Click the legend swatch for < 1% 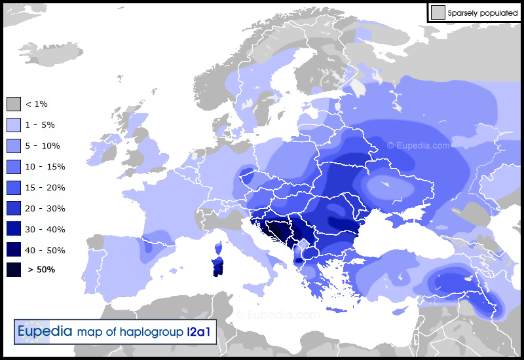point(14,104)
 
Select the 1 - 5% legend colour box point(14,125)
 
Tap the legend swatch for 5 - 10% point(14,146)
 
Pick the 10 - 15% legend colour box point(14,167)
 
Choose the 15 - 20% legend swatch point(14,188)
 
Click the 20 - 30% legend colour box point(14,209)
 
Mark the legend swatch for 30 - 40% point(14,230)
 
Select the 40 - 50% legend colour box point(14,251)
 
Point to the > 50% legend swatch point(14,269)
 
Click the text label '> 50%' point(41,270)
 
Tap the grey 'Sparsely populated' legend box point(438,12)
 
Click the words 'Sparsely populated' point(483,12)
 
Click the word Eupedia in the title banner point(45,332)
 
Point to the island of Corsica point(219,248)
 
